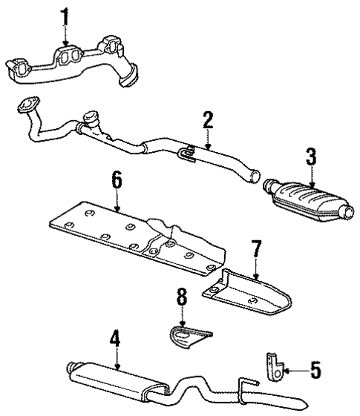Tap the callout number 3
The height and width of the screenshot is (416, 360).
point(310,157)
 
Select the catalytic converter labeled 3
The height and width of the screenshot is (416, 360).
point(306,199)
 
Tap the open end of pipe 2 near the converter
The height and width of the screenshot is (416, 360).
point(253,178)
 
